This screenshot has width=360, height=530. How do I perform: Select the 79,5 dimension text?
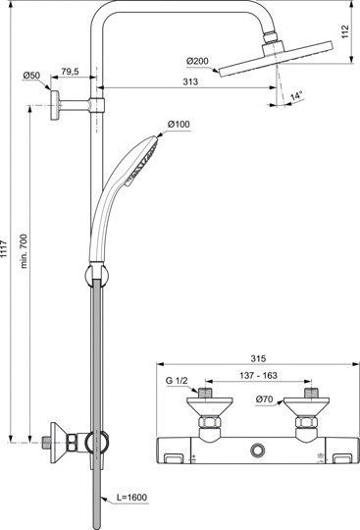[71, 71]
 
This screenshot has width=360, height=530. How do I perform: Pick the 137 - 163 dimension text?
[257, 375]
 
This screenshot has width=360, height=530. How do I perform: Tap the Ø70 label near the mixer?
[266, 398]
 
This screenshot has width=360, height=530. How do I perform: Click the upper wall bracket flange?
[61, 102]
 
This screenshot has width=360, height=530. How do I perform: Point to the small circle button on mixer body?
[257, 450]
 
